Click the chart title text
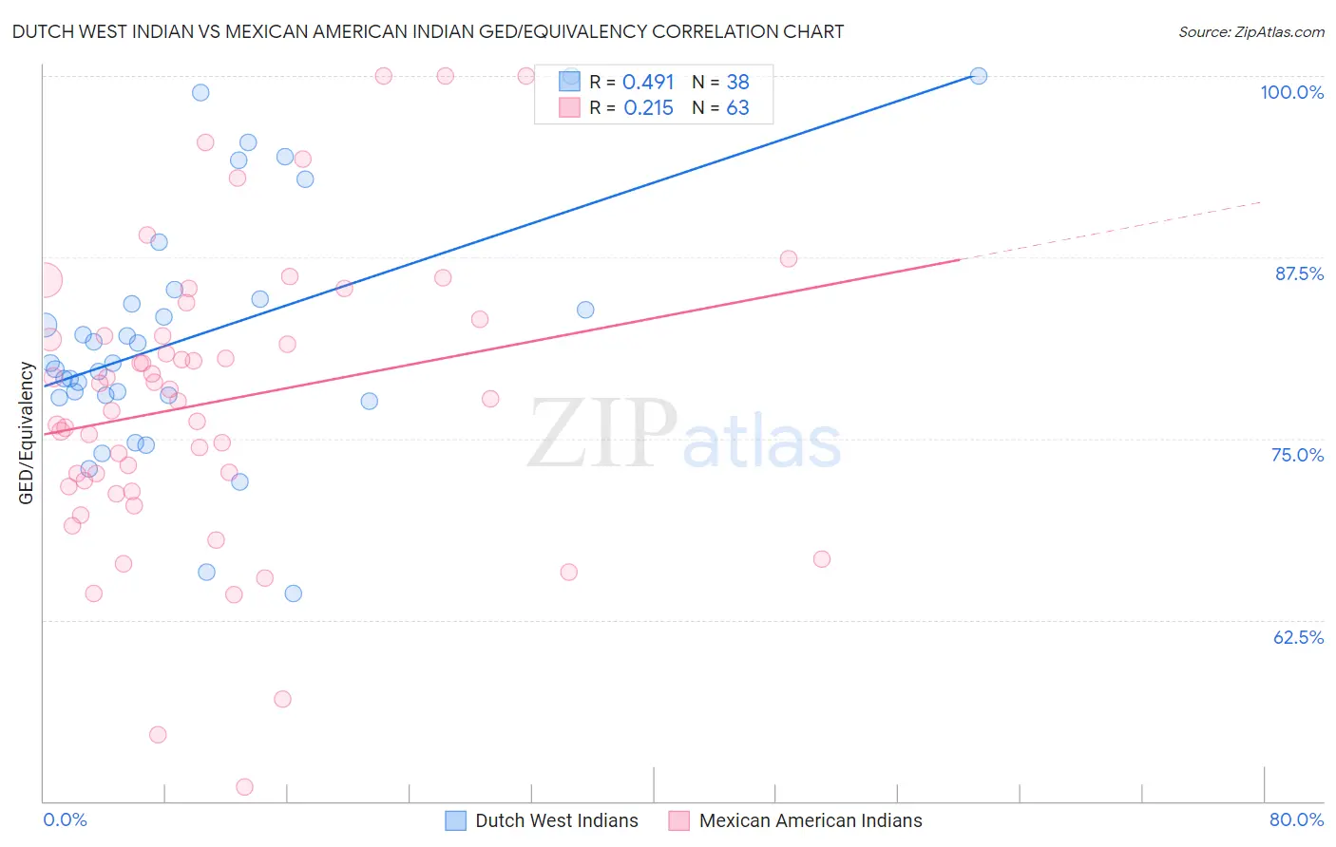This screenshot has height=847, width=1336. tap(428, 31)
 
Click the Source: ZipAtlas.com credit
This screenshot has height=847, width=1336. tap(1250, 31)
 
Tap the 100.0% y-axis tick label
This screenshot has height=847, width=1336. tap(1291, 92)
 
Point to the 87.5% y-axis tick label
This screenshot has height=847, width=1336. tap(1298, 273)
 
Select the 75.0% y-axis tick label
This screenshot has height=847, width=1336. tap(1297, 455)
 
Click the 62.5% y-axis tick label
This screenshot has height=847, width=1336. tap(1298, 637)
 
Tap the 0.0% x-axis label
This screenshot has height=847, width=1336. tap(65, 819)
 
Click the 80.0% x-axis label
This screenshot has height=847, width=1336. tap(1296, 819)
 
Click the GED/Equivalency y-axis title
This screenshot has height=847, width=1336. tap(27, 433)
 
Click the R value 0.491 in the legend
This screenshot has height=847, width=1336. tap(648, 82)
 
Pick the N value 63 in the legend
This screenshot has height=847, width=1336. tap(737, 108)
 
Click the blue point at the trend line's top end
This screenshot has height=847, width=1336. tap(978, 76)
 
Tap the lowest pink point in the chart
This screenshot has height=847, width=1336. tap(244, 787)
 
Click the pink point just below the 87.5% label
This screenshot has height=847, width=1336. tap(788, 259)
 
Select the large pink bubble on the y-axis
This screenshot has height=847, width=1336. tap(44, 280)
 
